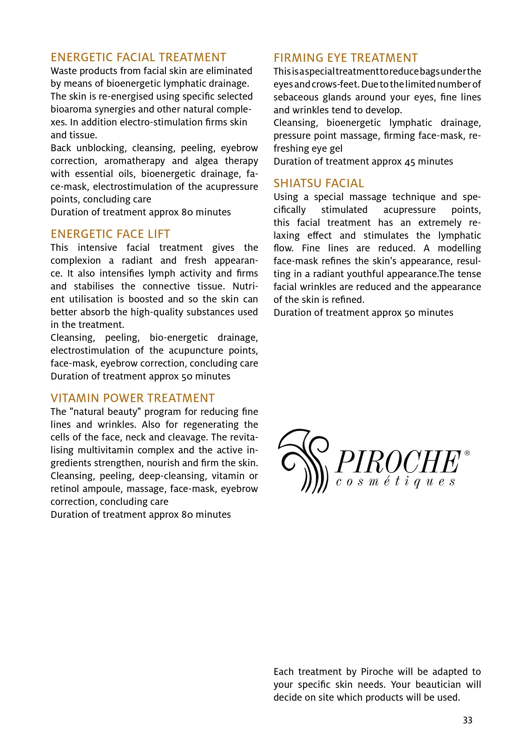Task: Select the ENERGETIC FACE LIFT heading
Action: (110, 234)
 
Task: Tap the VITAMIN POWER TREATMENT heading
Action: (133, 398)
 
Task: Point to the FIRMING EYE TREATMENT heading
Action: (346, 58)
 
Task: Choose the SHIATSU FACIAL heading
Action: (319, 183)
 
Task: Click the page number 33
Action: (468, 720)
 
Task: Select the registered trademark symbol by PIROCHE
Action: (467, 453)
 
